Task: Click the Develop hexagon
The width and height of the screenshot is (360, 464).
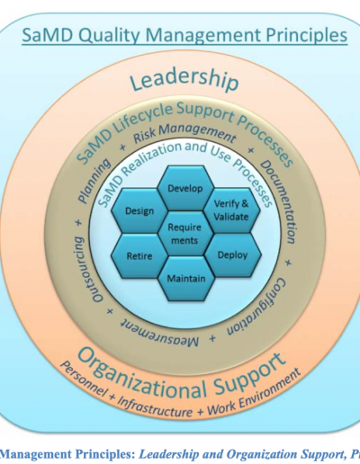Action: (x=185, y=188)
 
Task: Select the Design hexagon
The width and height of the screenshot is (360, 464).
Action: (x=139, y=211)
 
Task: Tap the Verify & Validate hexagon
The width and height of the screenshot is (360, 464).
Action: (x=231, y=210)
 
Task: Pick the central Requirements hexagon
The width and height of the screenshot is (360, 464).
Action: (x=184, y=234)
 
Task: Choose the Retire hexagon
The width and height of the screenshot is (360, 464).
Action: (x=139, y=256)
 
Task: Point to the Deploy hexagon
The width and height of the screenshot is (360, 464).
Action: (x=233, y=255)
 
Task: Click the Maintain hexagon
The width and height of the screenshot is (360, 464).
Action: (x=186, y=279)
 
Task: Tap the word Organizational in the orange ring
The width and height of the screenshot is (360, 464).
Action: (x=141, y=375)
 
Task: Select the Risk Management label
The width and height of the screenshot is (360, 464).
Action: (x=184, y=133)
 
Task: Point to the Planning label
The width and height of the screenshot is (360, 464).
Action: (x=94, y=181)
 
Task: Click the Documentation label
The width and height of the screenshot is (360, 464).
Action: (x=279, y=201)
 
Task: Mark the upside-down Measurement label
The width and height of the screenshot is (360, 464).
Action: (x=159, y=333)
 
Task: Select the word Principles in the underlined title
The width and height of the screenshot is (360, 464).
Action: (x=307, y=35)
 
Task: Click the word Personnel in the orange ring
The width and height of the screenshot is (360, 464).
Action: (x=84, y=379)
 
